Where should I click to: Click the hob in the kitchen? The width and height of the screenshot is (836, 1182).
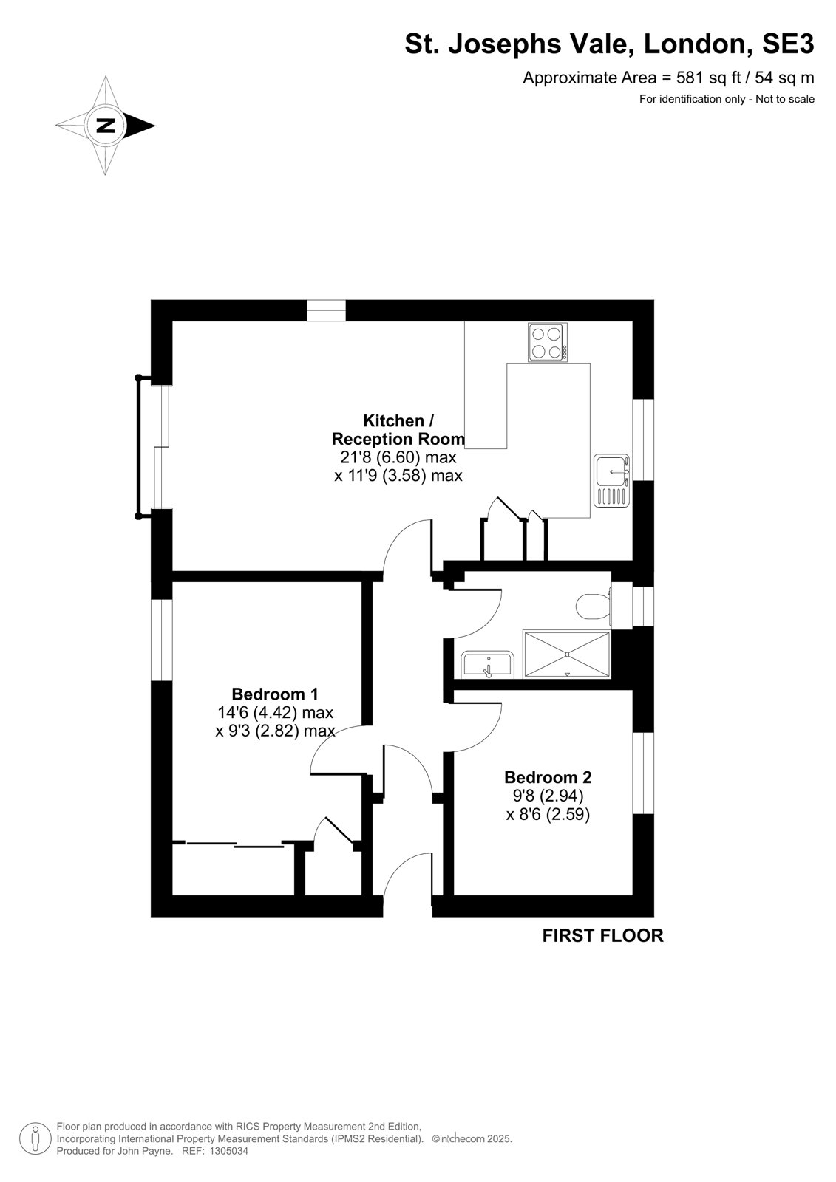click(x=548, y=343)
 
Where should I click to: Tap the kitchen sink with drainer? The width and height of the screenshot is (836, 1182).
click(x=611, y=480)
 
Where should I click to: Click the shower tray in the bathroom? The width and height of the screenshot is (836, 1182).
click(x=567, y=654)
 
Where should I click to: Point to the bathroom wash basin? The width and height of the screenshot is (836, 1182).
click(x=487, y=665)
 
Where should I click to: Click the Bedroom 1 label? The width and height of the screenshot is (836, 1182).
click(x=275, y=694)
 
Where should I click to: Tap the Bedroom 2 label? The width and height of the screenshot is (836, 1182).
click(x=548, y=777)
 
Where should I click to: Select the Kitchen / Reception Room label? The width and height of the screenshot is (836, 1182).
click(x=398, y=429)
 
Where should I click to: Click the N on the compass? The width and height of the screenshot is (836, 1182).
click(x=106, y=126)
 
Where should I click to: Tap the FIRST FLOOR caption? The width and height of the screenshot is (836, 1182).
click(x=602, y=935)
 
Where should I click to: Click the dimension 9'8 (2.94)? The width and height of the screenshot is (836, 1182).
click(x=547, y=795)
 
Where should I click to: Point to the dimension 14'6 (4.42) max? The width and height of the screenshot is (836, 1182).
click(x=275, y=712)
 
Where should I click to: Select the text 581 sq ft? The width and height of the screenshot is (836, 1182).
click(x=710, y=78)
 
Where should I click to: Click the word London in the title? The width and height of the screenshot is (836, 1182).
click(x=699, y=44)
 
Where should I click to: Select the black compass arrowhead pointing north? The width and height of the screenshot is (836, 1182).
click(x=140, y=126)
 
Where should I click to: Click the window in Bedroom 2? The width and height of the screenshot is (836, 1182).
click(x=643, y=773)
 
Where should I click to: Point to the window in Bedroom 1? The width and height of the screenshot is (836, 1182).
click(x=162, y=640)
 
